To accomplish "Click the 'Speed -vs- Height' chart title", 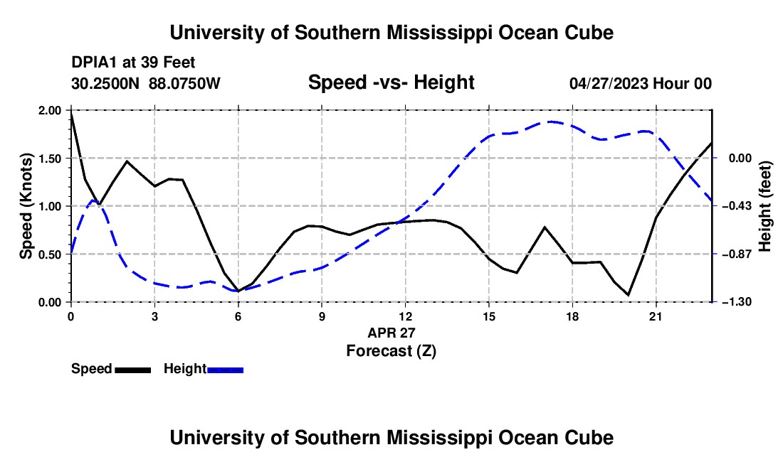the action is (x=391, y=82).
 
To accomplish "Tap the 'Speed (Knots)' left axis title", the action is (x=26, y=206).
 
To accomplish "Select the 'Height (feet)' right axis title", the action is (x=764, y=206).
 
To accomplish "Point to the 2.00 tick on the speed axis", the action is (x=49, y=110).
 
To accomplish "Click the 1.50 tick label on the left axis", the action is (x=49, y=159).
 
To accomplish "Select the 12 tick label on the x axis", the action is (x=406, y=316).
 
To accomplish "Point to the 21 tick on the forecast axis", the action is (x=656, y=316).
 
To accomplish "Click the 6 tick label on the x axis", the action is (x=238, y=316).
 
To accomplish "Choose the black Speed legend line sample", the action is (x=133, y=370).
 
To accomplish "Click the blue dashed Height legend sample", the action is (x=225, y=370).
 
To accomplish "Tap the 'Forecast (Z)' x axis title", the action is (x=391, y=351).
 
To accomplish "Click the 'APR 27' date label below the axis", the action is (x=391, y=333).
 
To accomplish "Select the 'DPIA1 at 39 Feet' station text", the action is (x=133, y=63).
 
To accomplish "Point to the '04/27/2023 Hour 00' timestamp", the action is (x=641, y=83).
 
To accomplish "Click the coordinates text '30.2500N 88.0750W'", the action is (x=145, y=83).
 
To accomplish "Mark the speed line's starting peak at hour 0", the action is (x=72, y=114).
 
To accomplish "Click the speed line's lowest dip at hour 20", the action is (x=629, y=295).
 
